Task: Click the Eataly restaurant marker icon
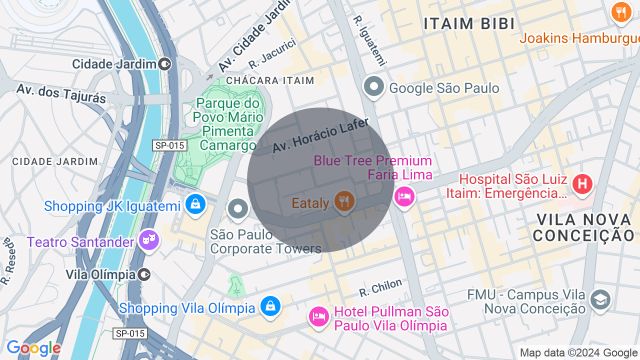pos(344,201)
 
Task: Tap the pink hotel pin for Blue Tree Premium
pos(404,196)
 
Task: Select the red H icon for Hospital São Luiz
pos(582,184)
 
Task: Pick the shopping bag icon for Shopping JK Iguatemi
pos(195,204)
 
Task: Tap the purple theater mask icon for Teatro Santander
pos(148,240)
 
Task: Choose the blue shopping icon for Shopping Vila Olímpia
pos(270,305)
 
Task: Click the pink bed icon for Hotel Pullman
pos(318,315)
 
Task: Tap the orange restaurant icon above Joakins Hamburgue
pos(621,11)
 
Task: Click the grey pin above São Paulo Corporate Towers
pos(238,209)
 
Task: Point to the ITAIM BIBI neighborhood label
pos(469,23)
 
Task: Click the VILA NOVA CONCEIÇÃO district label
pos(583,227)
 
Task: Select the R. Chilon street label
pos(380,287)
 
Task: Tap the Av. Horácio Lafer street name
pos(320,135)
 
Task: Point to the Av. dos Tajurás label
pos(61,93)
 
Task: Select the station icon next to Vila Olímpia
pos(144,274)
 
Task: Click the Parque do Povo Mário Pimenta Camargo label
pos(228,124)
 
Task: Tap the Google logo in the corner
pos(33,348)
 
